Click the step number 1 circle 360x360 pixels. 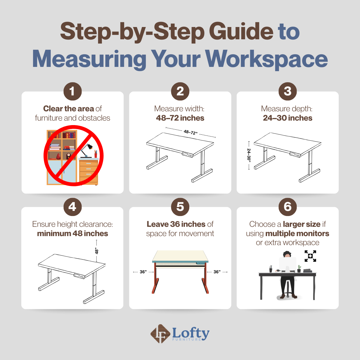[73, 91]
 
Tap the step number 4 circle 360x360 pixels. [73, 207]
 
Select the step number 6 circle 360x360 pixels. [287, 207]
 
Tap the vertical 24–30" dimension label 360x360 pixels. [249, 155]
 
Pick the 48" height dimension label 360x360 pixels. [96, 251]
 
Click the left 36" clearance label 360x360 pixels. [143, 272]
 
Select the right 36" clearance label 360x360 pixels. [217, 272]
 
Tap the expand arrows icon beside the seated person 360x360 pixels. [310, 256]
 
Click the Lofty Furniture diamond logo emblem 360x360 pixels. [160, 334]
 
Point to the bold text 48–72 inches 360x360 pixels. [180, 118]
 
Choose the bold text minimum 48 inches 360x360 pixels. [73, 233]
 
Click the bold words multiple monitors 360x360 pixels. [297, 233]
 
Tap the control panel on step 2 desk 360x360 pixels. [187, 154]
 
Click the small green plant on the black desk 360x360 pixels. [299, 268]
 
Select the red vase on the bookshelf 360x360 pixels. [58, 157]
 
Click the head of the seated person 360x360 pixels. [287, 254]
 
